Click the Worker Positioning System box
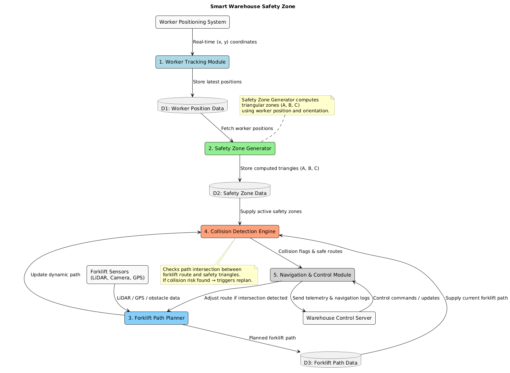click(193, 22)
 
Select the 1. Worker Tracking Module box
click(192, 62)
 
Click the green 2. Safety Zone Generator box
click(240, 148)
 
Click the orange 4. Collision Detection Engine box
click(240, 231)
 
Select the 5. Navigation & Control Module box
click(312, 275)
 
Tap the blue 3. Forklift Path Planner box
click(156, 318)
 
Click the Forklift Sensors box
click(117, 274)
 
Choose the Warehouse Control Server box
click(339, 318)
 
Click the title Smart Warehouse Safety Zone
click(253, 6)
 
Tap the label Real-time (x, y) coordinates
click(225, 42)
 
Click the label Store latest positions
click(217, 82)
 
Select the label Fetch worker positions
click(247, 128)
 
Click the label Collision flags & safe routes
click(310, 251)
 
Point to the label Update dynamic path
click(55, 274)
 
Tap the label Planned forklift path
click(272, 338)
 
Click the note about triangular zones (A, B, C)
click(287, 105)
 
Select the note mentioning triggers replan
click(209, 275)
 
